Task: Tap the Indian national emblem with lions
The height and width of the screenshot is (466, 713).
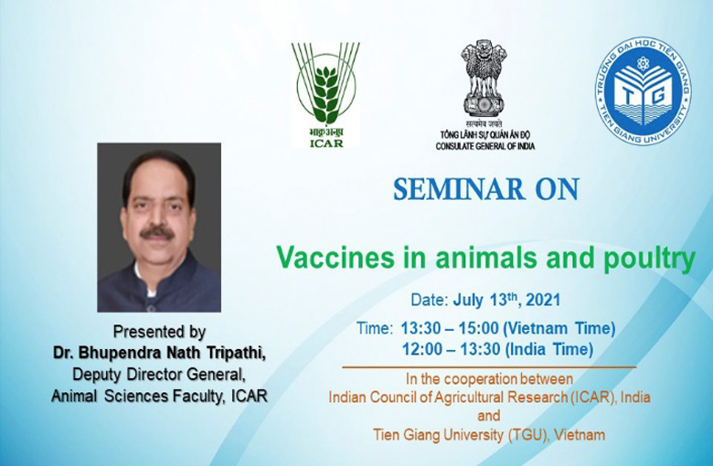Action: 484,78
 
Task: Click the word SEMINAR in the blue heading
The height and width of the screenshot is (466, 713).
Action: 458,189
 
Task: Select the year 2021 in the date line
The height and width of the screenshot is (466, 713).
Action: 543,301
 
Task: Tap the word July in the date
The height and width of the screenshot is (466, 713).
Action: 468,301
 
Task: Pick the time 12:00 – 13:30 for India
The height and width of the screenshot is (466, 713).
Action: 451,349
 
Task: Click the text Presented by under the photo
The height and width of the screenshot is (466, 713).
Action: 159,332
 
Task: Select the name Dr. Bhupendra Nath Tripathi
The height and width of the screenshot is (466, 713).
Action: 159,353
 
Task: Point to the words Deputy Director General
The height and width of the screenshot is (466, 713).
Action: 159,375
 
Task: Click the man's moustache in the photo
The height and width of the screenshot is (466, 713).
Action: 157,233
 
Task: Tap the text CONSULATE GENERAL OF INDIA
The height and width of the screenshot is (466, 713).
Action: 485,146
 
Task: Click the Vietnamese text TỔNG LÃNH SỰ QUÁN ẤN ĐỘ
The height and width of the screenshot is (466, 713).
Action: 485,134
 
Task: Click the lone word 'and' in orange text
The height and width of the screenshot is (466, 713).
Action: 489,416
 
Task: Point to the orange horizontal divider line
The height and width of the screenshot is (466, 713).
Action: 489,367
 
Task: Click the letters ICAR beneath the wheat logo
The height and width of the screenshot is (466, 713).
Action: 326,143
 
